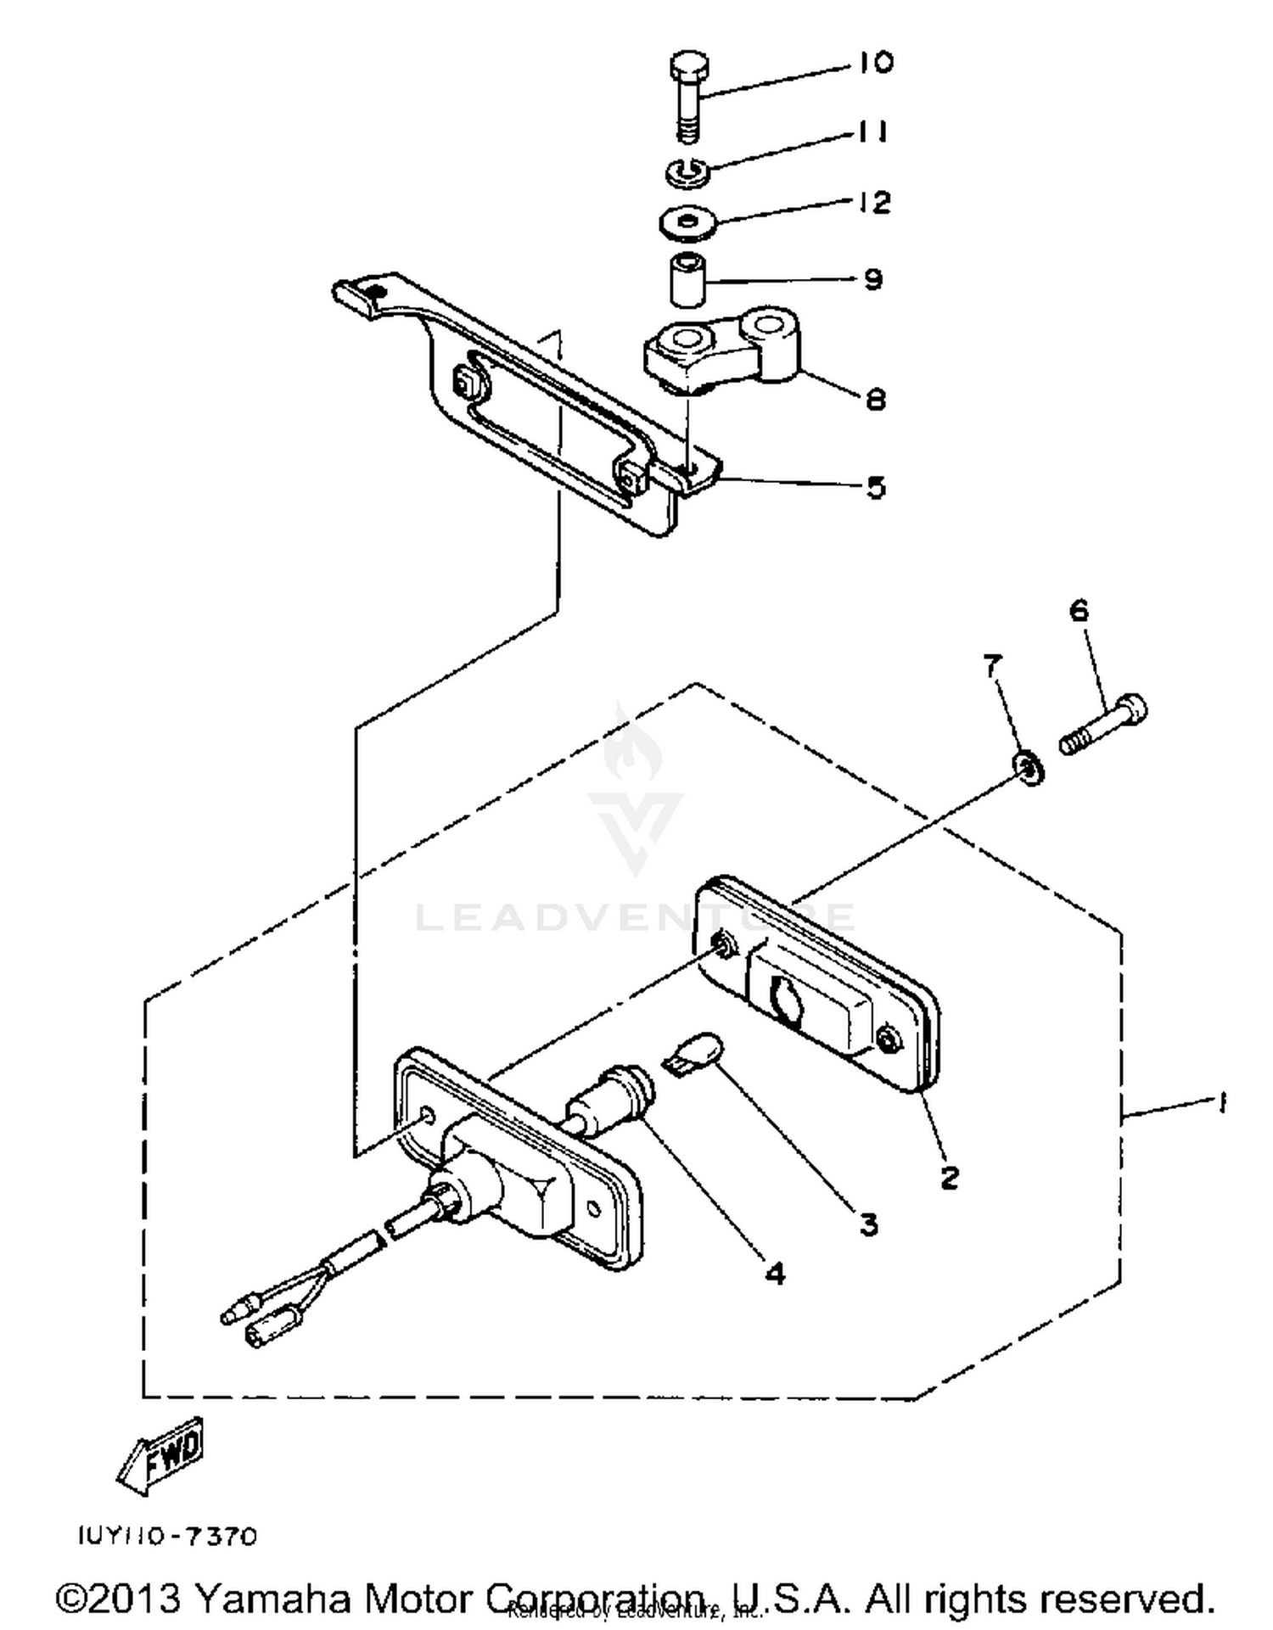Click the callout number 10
pyautogui.click(x=875, y=63)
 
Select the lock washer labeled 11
pyautogui.click(x=687, y=171)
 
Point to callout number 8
pyautogui.click(x=875, y=399)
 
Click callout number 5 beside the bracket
pyautogui.click(x=875, y=487)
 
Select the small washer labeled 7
pyautogui.click(x=1029, y=769)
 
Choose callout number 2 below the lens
pyautogui.click(x=949, y=1177)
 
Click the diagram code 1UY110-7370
pyautogui.click(x=168, y=1536)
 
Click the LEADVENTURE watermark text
pyautogui.click(x=635, y=917)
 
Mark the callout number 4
pyautogui.click(x=774, y=1273)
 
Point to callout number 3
pyautogui.click(x=867, y=1224)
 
